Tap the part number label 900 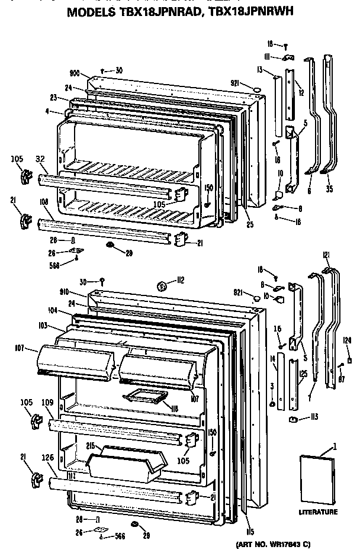75,73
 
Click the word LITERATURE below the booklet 317,512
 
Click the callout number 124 348,339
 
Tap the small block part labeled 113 292,419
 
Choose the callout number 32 40,159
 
